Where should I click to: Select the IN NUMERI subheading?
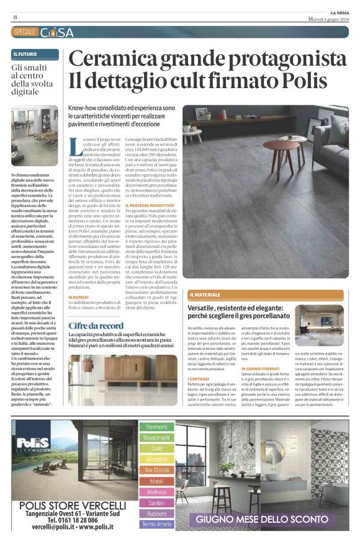(x=79, y=297)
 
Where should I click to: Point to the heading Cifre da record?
(x=96, y=325)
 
